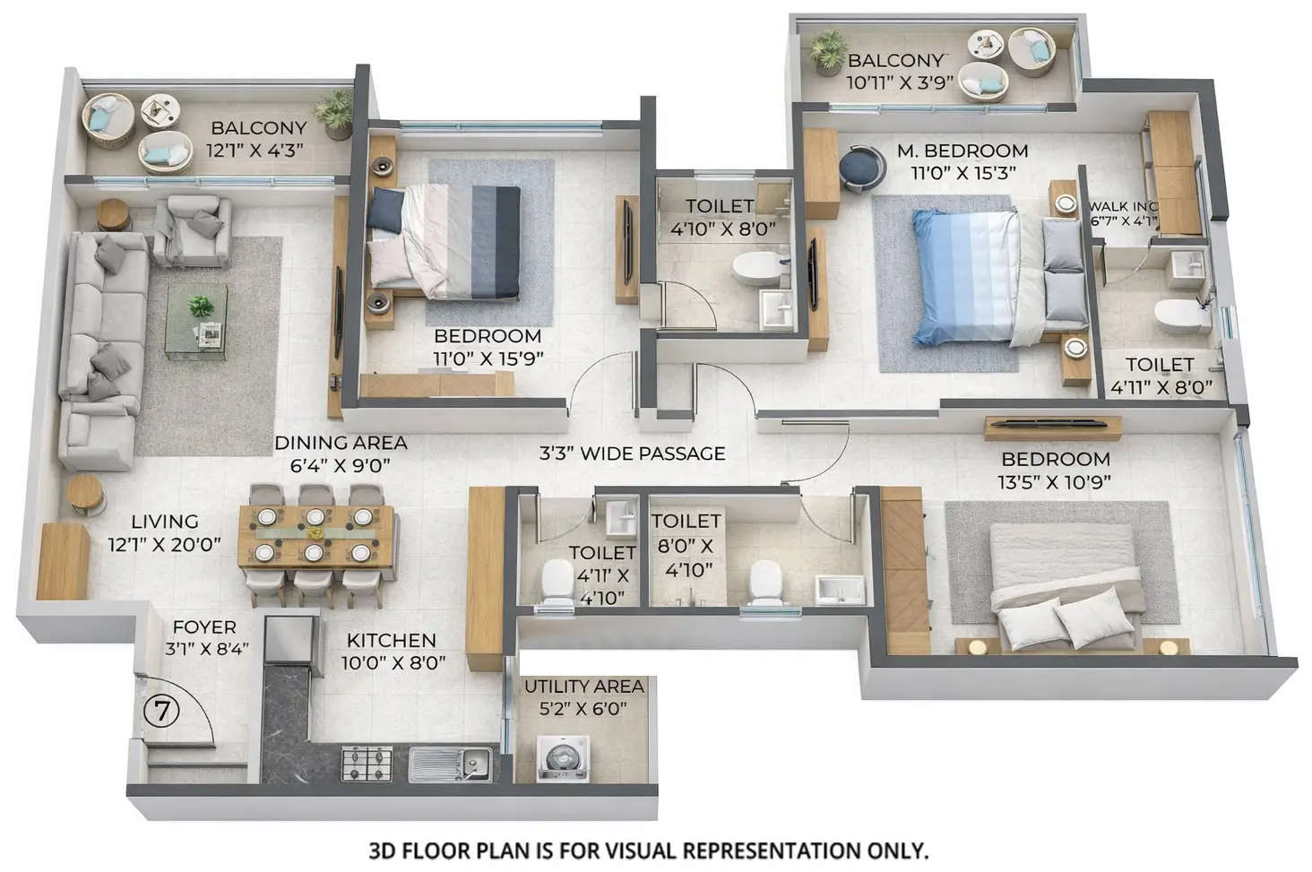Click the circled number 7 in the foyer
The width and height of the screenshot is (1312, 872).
(161, 711)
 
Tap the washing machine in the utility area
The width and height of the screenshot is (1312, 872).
(563, 756)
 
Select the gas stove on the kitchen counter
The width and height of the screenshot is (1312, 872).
(367, 764)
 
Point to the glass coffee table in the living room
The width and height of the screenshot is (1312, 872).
(196, 321)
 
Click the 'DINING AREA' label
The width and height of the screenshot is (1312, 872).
(341, 443)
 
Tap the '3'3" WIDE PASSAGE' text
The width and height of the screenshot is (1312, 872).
(632, 453)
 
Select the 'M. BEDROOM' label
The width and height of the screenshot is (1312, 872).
(962, 151)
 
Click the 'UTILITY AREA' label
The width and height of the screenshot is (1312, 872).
(583, 686)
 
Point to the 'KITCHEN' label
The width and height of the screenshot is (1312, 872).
(391, 640)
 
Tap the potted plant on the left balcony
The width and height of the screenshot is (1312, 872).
(335, 111)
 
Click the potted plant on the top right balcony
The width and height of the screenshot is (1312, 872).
(828, 50)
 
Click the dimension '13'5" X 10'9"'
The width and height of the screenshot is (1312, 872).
(1056, 481)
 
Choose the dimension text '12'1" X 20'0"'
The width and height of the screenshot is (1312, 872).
(164, 543)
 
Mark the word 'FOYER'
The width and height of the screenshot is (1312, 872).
(204, 627)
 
